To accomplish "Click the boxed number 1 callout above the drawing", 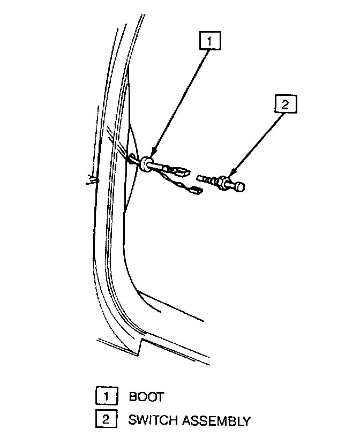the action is pyautogui.click(x=211, y=41).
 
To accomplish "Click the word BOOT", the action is pyautogui.click(x=146, y=397).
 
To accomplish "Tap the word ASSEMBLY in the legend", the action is pyautogui.click(x=216, y=420).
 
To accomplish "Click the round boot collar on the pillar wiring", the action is pyautogui.click(x=146, y=162).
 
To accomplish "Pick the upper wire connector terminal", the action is pyautogui.click(x=181, y=172).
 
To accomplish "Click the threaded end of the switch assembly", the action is pyautogui.click(x=206, y=179).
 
